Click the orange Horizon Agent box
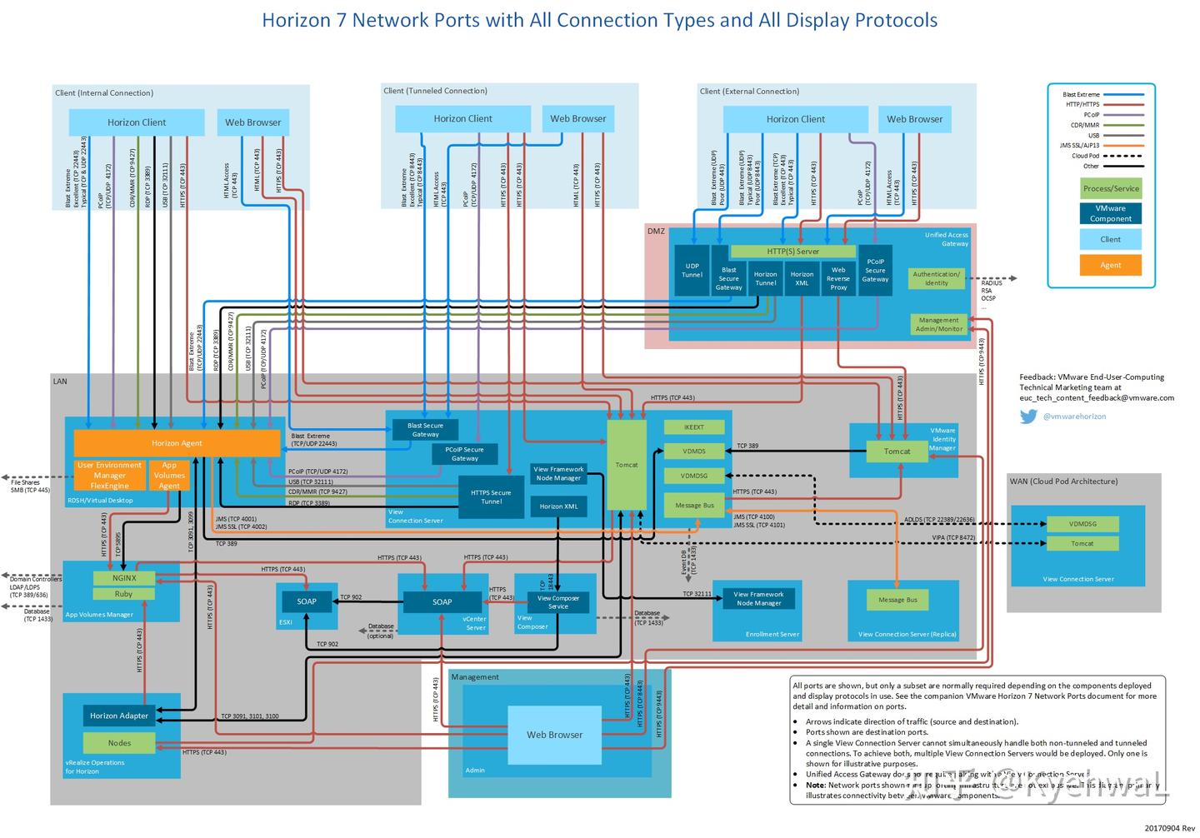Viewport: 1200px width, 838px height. (177, 443)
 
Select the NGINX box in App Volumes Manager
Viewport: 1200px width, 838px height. (124, 577)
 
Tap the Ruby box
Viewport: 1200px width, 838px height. (124, 594)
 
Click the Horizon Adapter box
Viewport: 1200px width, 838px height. (119, 716)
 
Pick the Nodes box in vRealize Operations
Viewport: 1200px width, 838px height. (119, 743)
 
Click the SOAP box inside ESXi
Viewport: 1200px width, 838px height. (307, 601)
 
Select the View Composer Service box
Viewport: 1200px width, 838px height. (558, 602)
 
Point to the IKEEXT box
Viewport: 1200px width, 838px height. (694, 427)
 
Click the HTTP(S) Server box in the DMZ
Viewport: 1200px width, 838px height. (792, 251)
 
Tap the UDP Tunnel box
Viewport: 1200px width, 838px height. (692, 271)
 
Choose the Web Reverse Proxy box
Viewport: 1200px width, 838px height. (838, 278)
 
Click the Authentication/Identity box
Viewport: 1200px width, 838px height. (936, 278)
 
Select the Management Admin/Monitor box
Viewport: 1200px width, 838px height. (938, 324)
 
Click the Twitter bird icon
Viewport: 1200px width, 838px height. (1028, 417)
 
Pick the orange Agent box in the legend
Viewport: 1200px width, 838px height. (1110, 265)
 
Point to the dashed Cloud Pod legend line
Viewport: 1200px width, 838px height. (1122, 156)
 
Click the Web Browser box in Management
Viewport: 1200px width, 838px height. (554, 735)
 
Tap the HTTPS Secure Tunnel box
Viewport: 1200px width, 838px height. (491, 497)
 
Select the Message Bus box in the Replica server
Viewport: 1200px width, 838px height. (897, 600)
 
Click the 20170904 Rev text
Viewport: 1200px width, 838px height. (1169, 828)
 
